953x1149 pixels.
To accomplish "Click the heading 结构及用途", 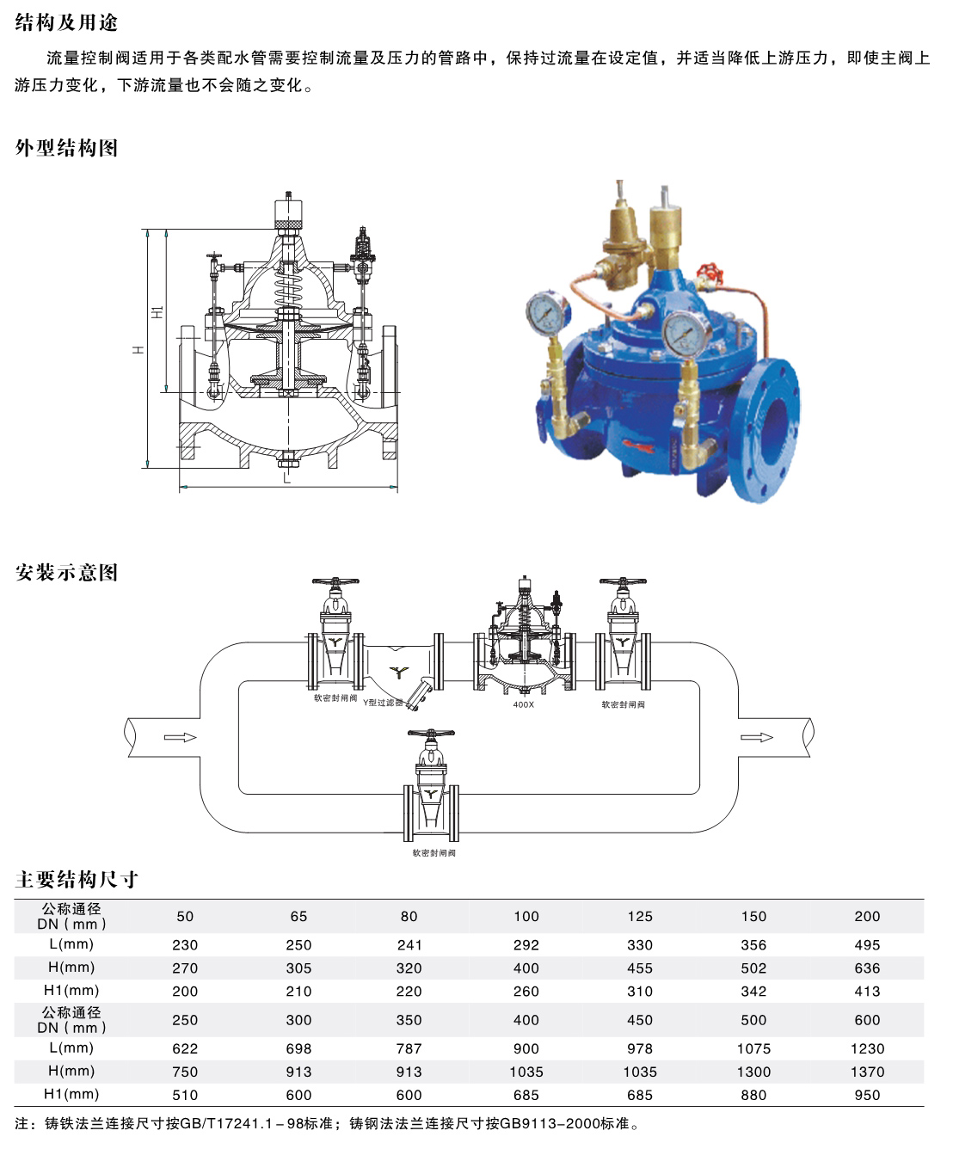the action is point(66,22).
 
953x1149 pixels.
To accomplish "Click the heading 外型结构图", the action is point(66,147).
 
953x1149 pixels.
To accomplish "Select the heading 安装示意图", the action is point(66,572).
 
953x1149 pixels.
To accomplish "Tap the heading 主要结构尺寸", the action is point(76,879).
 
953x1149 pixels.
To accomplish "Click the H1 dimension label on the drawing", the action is point(157,311).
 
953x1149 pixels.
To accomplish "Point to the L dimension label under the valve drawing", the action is point(286,479).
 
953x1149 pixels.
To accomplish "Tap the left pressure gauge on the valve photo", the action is point(547,312).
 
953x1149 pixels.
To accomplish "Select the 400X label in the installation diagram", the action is point(523,704).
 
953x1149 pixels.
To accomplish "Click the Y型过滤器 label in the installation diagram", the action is point(383,703).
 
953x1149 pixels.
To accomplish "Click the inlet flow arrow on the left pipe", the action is point(180,737).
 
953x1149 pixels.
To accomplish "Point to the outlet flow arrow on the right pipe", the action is point(757,737).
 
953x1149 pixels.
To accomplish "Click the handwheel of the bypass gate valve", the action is point(431,734).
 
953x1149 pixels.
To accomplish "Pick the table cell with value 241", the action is point(409,945).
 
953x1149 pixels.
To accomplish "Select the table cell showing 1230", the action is point(867,1048).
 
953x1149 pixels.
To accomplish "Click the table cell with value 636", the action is point(867,968).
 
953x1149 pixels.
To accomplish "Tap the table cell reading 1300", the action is point(753,1072).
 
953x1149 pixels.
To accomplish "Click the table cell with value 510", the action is point(185,1095).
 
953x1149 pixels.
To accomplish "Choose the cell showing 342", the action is point(753,991).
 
